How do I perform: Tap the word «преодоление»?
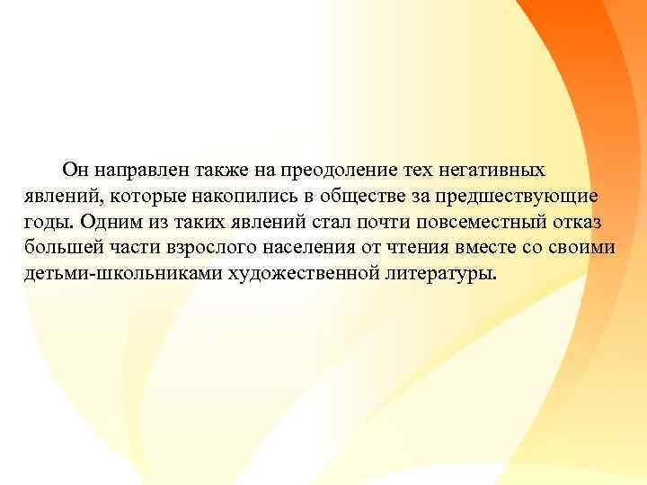click(x=332, y=170)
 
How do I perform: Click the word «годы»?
click(x=47, y=222)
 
